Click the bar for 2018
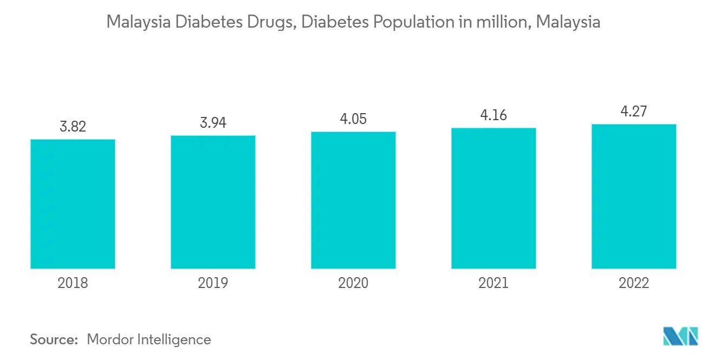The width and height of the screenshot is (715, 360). click(73, 204)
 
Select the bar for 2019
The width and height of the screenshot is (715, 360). click(213, 202)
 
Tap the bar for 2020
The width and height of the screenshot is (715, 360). click(353, 200)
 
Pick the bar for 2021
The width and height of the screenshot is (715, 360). click(493, 198)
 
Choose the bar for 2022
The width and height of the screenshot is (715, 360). click(634, 196)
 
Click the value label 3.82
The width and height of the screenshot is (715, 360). click(73, 127)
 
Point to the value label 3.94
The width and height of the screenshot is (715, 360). click(213, 122)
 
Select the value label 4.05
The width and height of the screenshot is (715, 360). click(353, 119)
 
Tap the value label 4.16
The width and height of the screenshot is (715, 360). click(493, 115)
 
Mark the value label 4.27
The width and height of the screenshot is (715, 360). click(634, 112)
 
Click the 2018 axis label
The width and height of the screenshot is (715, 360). click(73, 283)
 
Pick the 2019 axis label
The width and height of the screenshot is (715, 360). click(213, 283)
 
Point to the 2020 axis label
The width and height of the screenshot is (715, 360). click(353, 283)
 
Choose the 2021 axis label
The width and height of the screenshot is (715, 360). click(493, 283)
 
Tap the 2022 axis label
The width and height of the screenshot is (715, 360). click(634, 283)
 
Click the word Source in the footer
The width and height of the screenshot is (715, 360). click(54, 339)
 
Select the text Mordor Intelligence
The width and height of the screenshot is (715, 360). click(149, 339)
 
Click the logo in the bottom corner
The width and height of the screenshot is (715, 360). click(681, 337)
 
